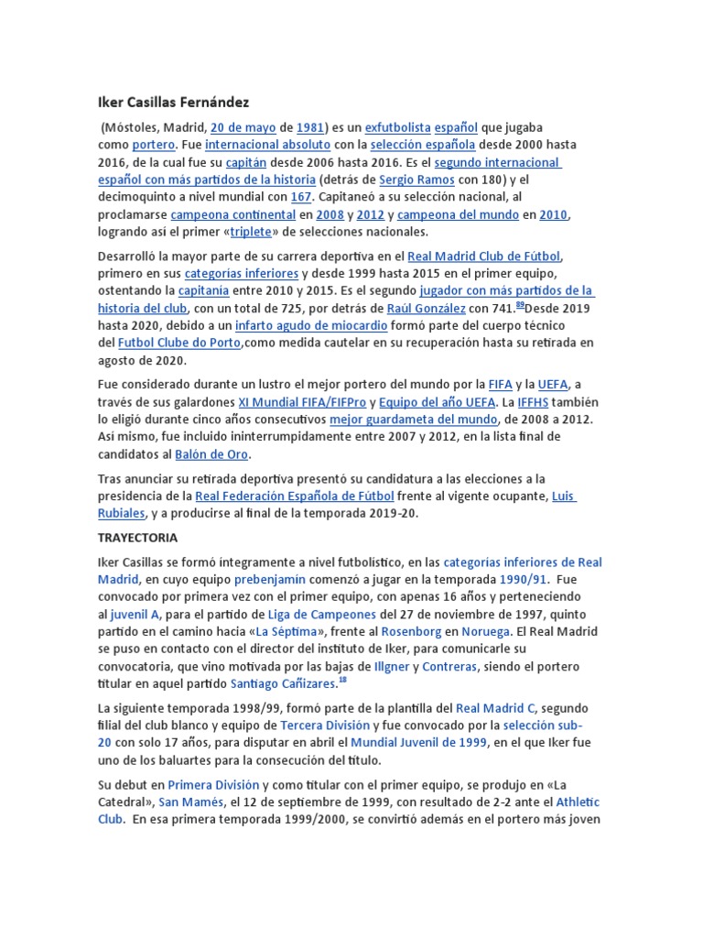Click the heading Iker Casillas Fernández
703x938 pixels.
pos(173,102)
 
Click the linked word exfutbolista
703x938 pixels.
pos(397,128)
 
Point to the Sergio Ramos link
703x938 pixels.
pos(416,180)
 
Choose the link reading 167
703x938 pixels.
pos(300,197)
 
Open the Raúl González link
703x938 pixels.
pos(426,309)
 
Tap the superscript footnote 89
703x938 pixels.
pos(520,305)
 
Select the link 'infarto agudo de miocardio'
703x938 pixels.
pos(311,326)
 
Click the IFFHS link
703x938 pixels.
pos(535,402)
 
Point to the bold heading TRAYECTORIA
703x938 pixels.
pos(137,538)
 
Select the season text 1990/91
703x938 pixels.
pos(523,580)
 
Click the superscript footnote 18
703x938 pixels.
pos(342,681)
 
